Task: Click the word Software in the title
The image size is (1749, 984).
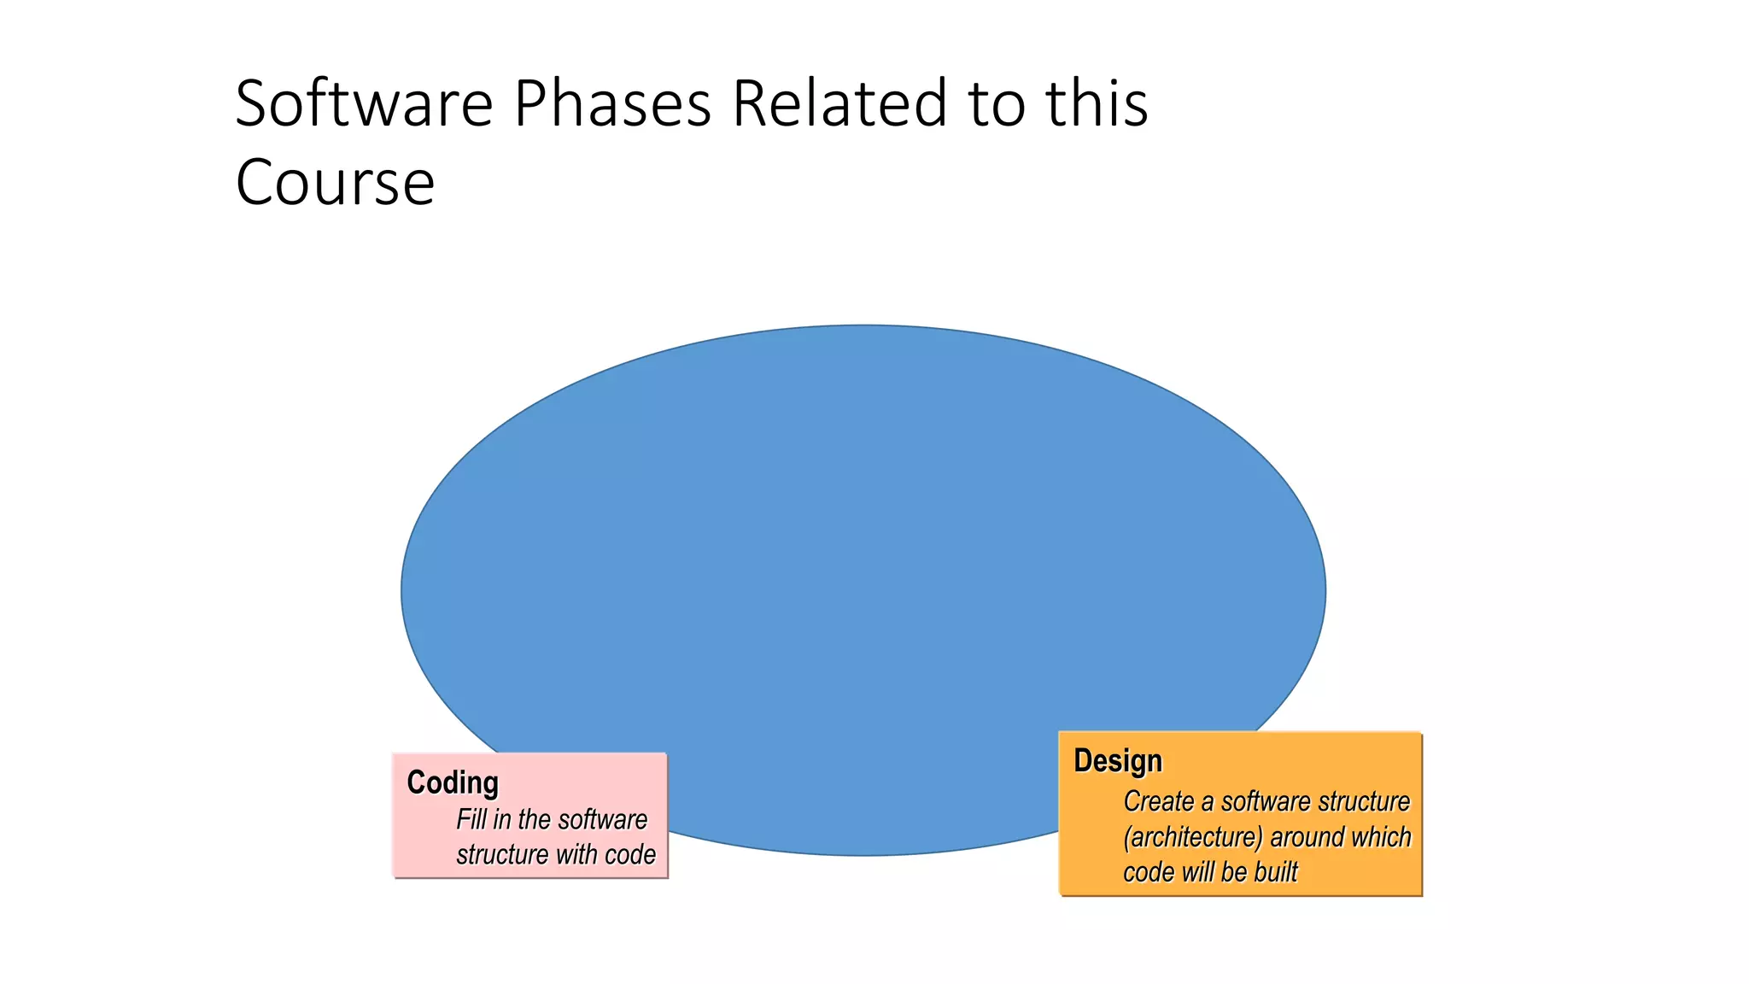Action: [x=364, y=104]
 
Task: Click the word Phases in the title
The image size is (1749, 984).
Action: [x=612, y=104]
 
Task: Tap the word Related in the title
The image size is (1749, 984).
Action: [x=839, y=104]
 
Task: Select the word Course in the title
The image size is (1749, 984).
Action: [x=335, y=183]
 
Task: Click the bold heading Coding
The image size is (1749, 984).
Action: [x=453, y=782]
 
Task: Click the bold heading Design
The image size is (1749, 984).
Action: [x=1118, y=760]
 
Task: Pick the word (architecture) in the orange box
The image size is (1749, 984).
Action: [x=1192, y=837]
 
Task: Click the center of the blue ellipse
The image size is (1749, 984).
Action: [x=863, y=590]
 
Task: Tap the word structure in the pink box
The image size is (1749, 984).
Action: [x=502, y=854]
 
